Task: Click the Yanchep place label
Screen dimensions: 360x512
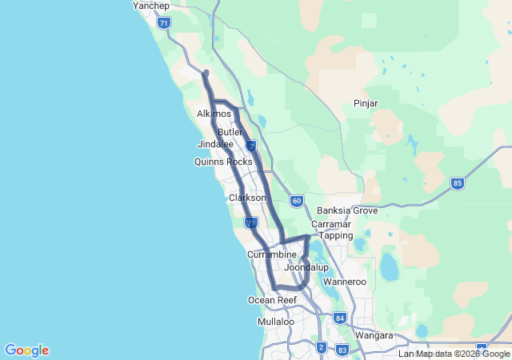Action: pos(151,6)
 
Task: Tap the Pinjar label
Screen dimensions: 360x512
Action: pos(366,103)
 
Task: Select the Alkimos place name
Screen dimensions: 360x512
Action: pos(214,114)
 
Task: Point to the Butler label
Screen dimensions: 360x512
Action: pos(230,132)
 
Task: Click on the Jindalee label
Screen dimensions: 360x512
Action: pos(215,144)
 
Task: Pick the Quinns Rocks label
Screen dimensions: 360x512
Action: pos(223,162)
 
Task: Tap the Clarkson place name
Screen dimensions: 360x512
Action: pos(247,198)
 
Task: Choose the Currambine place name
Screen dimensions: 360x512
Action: pos(272,254)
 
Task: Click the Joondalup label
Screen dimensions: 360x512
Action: pos(306,267)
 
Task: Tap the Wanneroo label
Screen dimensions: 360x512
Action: pos(344,282)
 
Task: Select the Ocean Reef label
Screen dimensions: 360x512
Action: pos(272,300)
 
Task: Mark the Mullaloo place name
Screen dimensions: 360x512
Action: pos(276,322)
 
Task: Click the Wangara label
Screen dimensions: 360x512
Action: pos(374,335)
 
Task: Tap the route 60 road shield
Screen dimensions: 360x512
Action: pos(297,201)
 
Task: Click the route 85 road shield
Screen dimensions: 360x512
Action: pos(457,183)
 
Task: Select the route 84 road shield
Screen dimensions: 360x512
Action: pos(340,318)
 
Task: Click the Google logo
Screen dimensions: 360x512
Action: pos(26,350)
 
